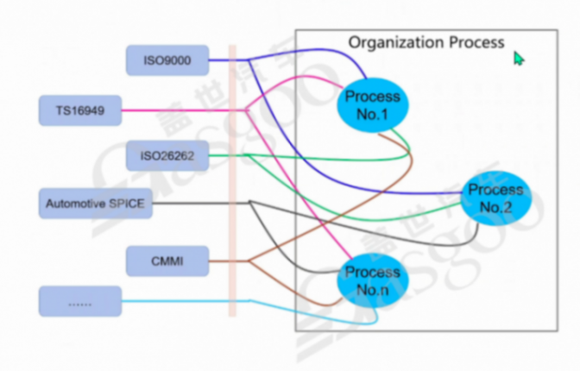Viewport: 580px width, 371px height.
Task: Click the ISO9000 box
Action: point(167,60)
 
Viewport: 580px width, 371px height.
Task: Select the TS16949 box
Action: point(79,110)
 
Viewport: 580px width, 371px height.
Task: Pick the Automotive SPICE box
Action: point(94,204)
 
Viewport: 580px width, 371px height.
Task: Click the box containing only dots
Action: point(79,301)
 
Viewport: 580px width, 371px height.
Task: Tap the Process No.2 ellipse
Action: point(495,198)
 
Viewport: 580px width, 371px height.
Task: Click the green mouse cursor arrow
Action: point(518,58)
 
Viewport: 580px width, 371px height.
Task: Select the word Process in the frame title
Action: point(476,42)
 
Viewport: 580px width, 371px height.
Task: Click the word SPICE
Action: point(126,204)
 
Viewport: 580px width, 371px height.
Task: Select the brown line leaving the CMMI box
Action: point(220,260)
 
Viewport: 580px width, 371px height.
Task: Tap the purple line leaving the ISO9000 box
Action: point(220,60)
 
